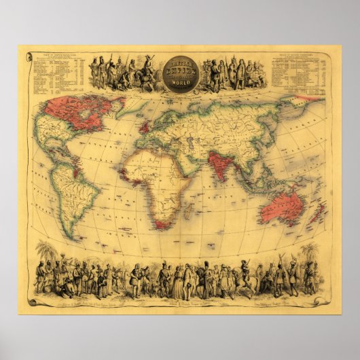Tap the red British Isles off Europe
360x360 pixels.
pyautogui.click(x=145, y=127)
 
